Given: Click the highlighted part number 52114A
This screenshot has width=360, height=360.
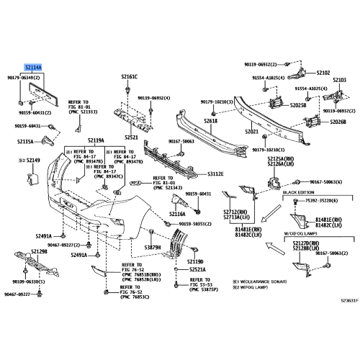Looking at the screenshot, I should pyautogui.click(x=33, y=66).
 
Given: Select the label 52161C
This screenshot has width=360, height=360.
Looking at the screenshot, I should pyautogui.click(x=129, y=76).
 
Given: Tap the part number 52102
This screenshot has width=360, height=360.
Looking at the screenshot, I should pyautogui.click(x=323, y=73).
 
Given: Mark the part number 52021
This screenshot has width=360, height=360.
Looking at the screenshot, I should pyautogui.click(x=251, y=132).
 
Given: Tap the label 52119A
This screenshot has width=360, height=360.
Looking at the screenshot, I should pyautogui.click(x=96, y=140).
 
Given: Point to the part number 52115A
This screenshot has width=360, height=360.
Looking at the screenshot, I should pyautogui.click(x=25, y=142).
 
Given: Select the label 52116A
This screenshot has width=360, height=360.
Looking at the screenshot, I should pyautogui.click(x=177, y=214).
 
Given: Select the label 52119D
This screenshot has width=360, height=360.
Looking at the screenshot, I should pyautogui.click(x=195, y=261).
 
